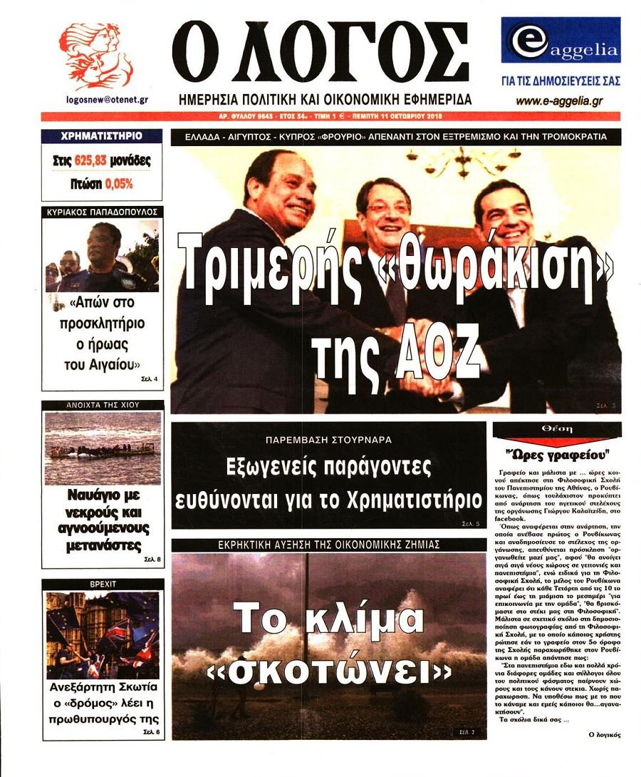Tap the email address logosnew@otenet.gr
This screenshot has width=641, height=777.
tap(106, 101)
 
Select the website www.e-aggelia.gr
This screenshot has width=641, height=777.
tap(559, 101)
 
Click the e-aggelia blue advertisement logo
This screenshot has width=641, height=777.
tap(560, 41)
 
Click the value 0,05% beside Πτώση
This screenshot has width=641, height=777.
tap(118, 183)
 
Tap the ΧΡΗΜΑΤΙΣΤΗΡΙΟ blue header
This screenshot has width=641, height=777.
tap(102, 135)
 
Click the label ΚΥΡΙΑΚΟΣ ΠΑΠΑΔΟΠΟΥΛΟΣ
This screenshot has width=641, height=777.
tap(102, 212)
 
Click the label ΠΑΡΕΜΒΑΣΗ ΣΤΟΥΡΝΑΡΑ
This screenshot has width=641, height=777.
tap(328, 440)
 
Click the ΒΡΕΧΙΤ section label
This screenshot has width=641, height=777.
tap(102, 583)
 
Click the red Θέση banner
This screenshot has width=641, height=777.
tap(556, 430)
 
